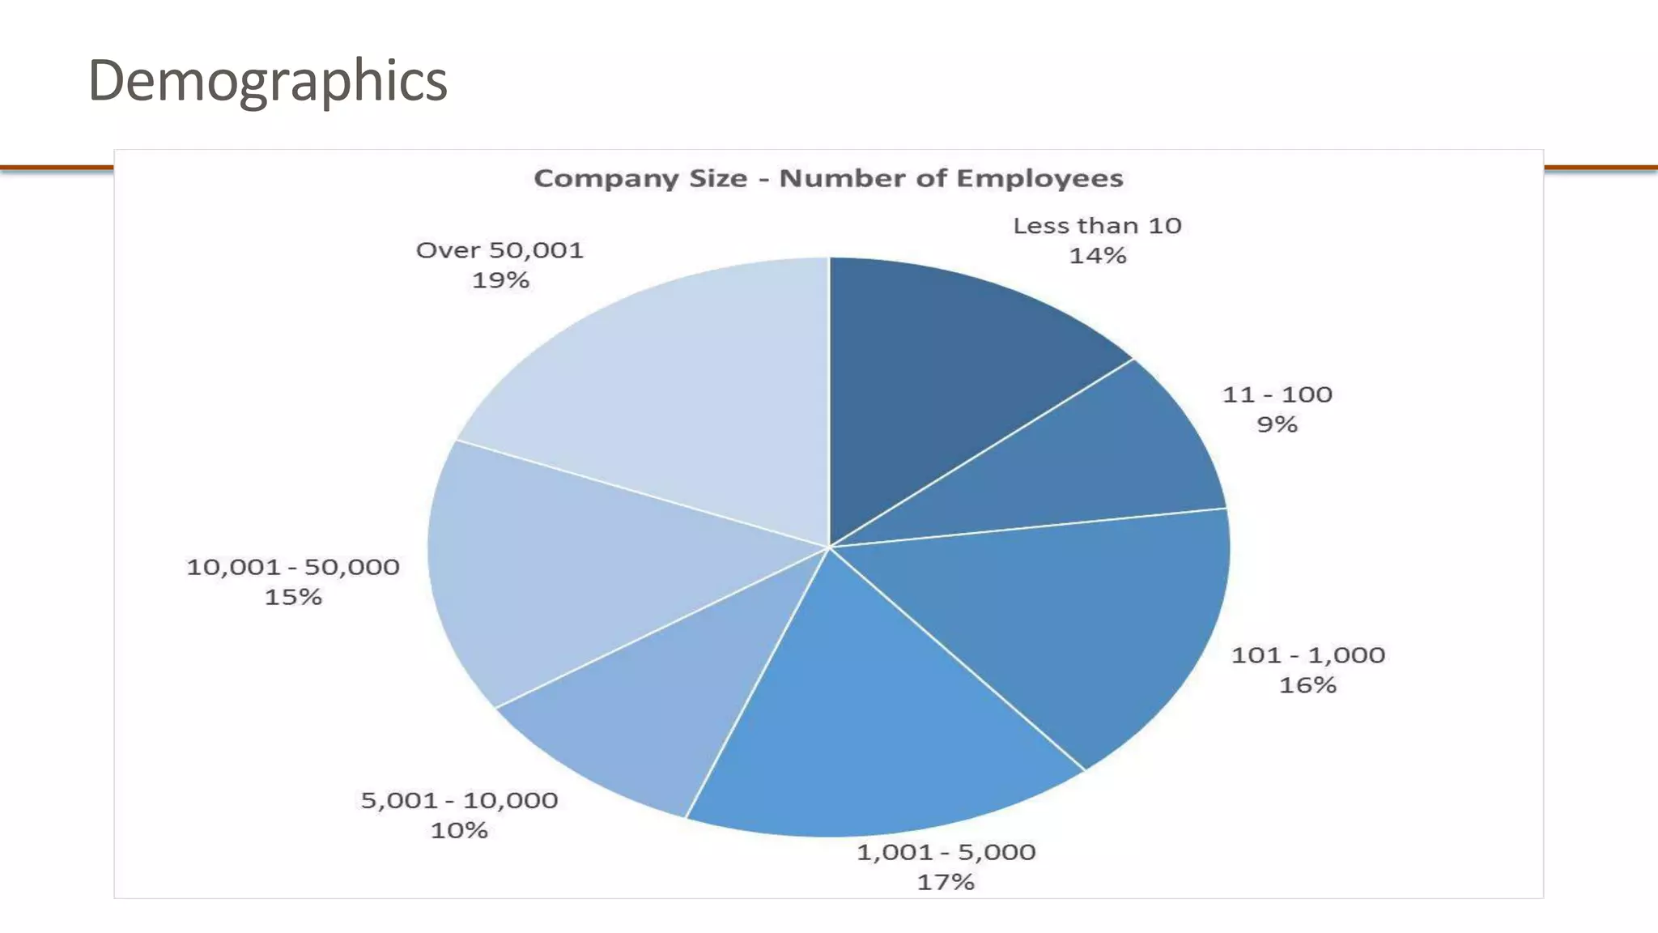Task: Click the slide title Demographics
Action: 267,81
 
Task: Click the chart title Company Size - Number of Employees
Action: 828,178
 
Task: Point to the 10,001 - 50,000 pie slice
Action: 567,567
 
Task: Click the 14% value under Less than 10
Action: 1098,256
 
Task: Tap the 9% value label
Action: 1277,424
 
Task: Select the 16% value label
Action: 1307,685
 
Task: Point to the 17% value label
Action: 946,882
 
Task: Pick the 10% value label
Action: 459,830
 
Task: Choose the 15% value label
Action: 293,597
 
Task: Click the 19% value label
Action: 500,280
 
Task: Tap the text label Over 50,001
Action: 500,250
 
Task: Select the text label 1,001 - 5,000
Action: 946,852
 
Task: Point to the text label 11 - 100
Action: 1277,394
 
